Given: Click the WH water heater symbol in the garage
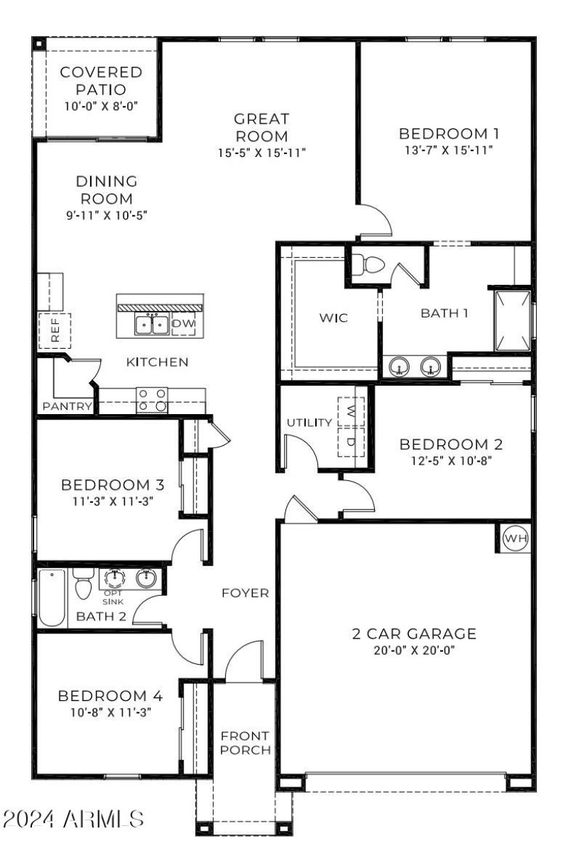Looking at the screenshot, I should [x=515, y=539].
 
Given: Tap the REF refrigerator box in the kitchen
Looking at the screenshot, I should [x=55, y=329].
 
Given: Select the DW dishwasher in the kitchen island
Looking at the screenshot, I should [x=182, y=324].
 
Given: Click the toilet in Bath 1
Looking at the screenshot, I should [x=368, y=264].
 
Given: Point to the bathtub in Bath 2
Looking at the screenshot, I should [x=52, y=597].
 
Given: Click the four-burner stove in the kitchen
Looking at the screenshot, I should [x=152, y=399].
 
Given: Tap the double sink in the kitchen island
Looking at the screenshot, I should [x=151, y=325].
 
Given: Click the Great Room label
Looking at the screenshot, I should [x=261, y=127].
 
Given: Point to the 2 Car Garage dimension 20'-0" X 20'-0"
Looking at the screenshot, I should [x=414, y=649].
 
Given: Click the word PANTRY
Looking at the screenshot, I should [x=67, y=407].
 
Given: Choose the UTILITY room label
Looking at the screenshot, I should [x=309, y=423].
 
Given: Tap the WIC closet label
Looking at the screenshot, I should [x=332, y=317].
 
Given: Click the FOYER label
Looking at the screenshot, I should [x=245, y=593].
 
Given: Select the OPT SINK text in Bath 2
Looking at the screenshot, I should [x=113, y=597].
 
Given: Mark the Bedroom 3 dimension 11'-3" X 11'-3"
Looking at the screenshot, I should [x=112, y=501].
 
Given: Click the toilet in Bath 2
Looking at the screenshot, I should [x=82, y=585].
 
